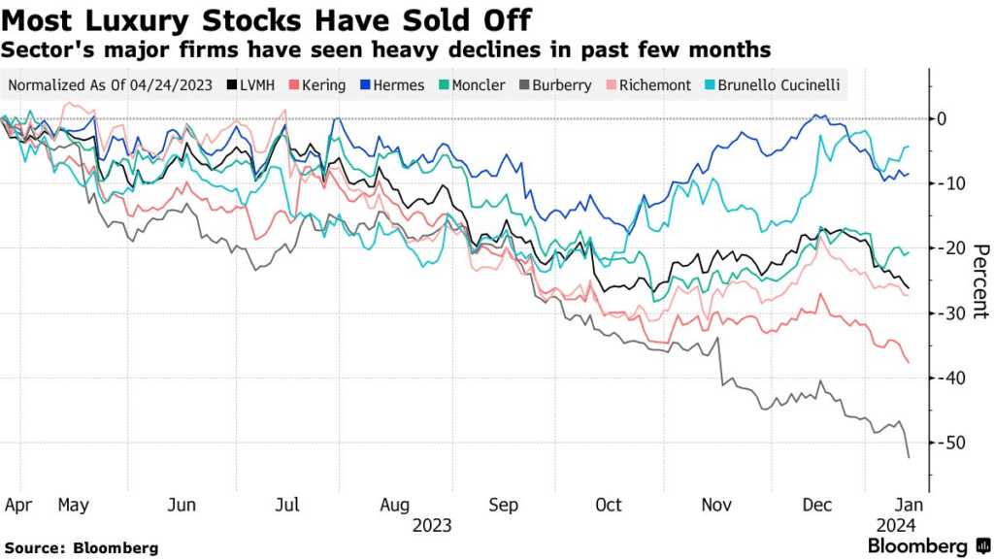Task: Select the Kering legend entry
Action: coord(316,85)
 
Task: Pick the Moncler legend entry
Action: coord(472,85)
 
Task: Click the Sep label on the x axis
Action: coord(504,505)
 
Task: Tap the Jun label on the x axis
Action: coord(182,505)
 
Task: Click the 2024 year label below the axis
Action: coord(893,525)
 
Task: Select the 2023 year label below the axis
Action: coord(432,525)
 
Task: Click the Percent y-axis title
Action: coord(979,280)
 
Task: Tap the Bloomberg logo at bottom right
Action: coord(918,546)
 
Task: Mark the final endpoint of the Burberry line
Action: coord(909,457)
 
